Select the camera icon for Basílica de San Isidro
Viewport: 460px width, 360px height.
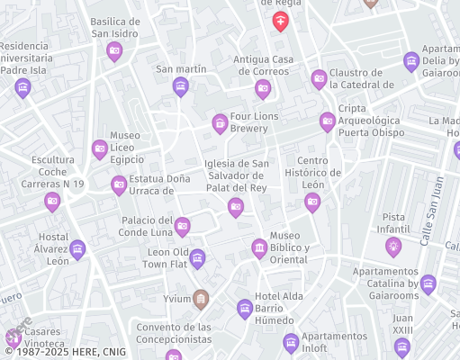pyautogui.click(x=114, y=51)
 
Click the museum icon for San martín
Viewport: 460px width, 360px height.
pyautogui.click(x=180, y=86)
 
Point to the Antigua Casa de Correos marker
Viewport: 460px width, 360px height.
pyautogui.click(x=263, y=87)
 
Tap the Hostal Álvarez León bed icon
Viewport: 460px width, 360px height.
pyautogui.click(x=77, y=248)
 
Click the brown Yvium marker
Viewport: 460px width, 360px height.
pyautogui.click(x=201, y=298)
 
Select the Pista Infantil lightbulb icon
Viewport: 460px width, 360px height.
pyautogui.click(x=392, y=245)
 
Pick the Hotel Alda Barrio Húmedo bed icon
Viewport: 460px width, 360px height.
pyautogui.click(x=244, y=309)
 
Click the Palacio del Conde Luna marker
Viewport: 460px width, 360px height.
pyautogui.click(x=183, y=226)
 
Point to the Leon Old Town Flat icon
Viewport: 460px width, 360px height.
pyautogui.click(x=197, y=259)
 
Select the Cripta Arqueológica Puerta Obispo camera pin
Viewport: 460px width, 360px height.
pyautogui.click(x=328, y=121)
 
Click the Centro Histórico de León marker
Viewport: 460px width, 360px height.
pyautogui.click(x=312, y=202)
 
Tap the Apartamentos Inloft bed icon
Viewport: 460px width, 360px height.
pyautogui.click(x=291, y=342)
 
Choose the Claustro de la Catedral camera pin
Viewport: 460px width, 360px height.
pyautogui.click(x=319, y=79)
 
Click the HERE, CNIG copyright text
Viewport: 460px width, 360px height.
pyautogui.click(x=55, y=353)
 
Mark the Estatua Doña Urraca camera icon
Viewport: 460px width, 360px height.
pyautogui.click(x=119, y=184)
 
